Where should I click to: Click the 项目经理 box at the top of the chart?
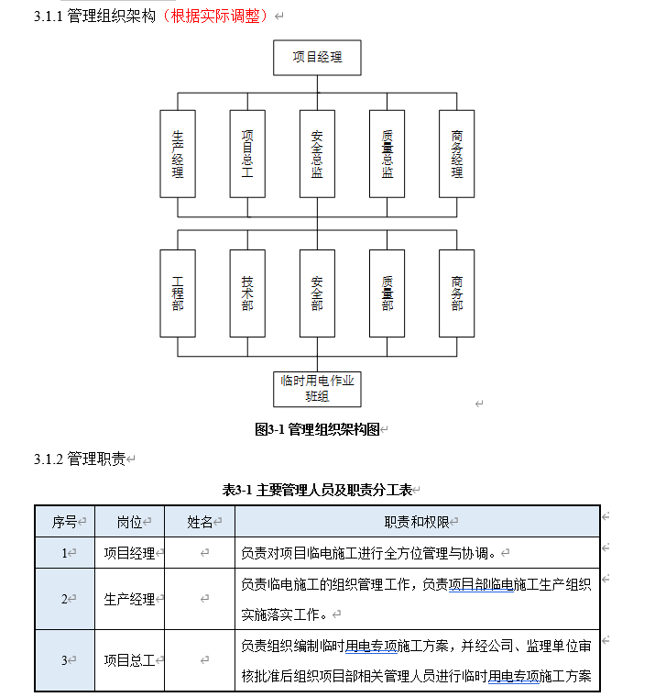pyautogui.click(x=317, y=57)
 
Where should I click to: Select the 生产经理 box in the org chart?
pyautogui.click(x=178, y=153)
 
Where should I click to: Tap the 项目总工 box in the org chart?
pyautogui.click(x=247, y=153)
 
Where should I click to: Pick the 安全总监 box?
pyautogui.click(x=317, y=153)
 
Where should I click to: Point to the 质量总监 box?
pyautogui.click(x=387, y=153)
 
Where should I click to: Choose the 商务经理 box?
pyautogui.click(x=456, y=153)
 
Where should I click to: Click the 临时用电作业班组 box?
pyautogui.click(x=317, y=388)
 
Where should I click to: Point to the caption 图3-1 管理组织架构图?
pyautogui.click(x=317, y=428)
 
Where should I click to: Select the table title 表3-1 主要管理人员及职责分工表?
pyautogui.click(x=317, y=489)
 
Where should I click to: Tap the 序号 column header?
pyautogui.click(x=64, y=522)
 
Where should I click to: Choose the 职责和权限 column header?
pyautogui.click(x=417, y=522)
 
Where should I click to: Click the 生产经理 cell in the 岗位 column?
pyautogui.click(x=129, y=599)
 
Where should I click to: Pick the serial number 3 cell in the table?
pyautogui.click(x=64, y=659)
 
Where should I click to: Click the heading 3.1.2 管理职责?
pyautogui.click(x=80, y=459)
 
